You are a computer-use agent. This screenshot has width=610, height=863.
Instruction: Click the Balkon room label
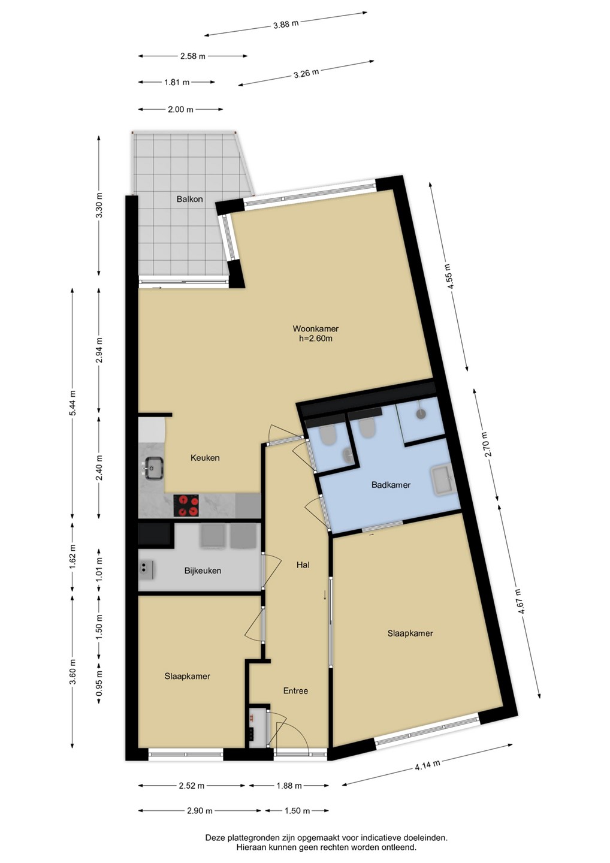(189, 199)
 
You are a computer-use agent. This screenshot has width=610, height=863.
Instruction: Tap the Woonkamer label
(315, 328)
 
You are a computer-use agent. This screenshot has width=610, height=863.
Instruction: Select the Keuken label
(205, 458)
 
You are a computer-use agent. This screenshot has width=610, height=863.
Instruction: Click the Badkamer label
(391, 485)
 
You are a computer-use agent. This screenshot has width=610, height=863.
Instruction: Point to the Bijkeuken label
(203, 571)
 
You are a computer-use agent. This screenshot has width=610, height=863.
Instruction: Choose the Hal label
(303, 565)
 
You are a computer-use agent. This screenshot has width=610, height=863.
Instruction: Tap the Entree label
(295, 691)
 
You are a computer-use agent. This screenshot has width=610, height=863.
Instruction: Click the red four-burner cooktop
(187, 505)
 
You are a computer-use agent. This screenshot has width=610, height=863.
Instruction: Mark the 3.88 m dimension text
(286, 24)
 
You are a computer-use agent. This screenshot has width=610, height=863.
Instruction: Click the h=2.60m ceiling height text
(315, 339)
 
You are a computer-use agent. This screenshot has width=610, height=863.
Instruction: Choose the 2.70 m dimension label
(488, 445)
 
